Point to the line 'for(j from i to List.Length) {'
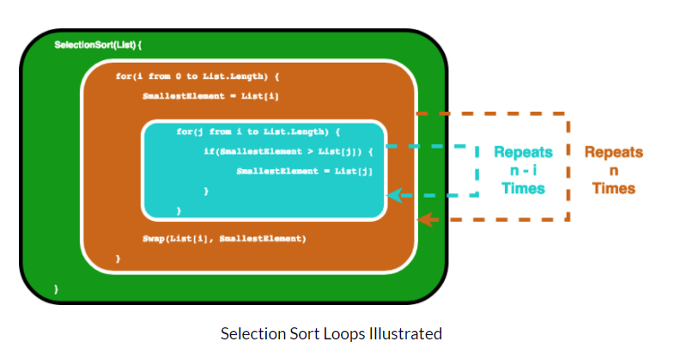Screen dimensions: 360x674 [258, 131]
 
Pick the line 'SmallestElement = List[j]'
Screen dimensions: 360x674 [305, 171]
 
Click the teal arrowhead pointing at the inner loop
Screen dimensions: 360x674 [393, 195]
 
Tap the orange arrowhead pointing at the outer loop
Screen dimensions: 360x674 [422, 219]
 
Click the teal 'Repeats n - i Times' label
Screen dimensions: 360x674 [523, 169]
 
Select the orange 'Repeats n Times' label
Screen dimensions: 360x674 [613, 169]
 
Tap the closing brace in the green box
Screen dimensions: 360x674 [57, 290]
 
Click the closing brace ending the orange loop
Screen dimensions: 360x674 [118, 258]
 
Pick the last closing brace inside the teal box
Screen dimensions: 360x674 [179, 210]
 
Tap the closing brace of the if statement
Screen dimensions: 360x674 [205, 190]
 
